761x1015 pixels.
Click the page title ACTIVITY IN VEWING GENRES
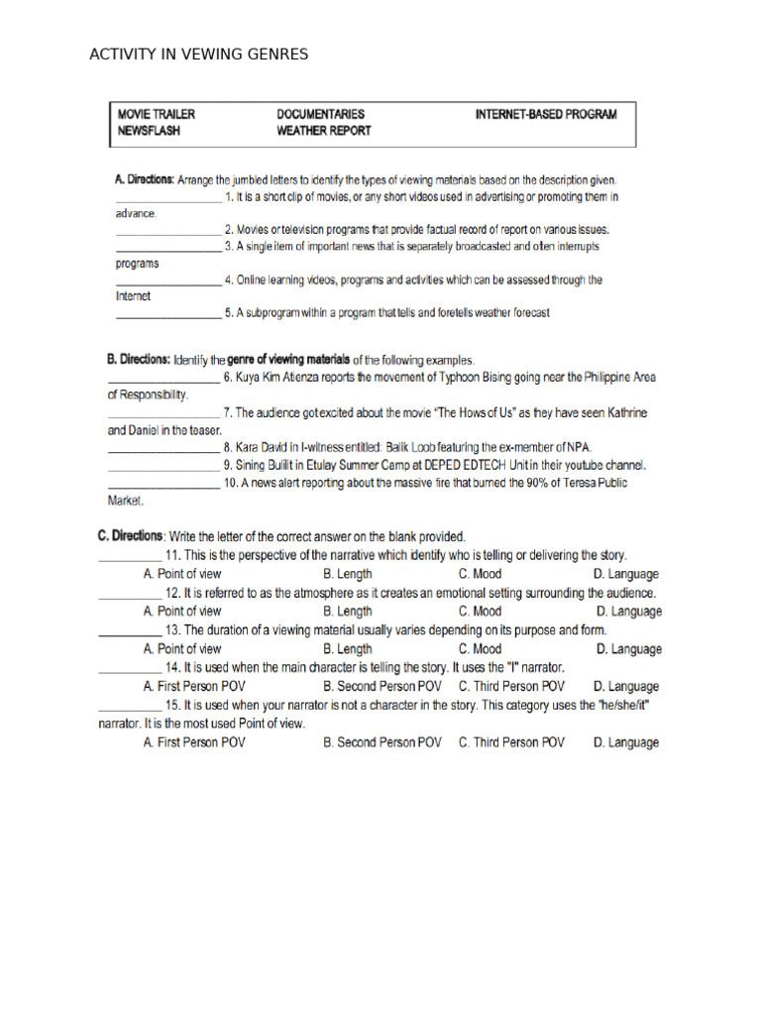point(198,55)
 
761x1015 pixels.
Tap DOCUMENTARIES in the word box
point(320,114)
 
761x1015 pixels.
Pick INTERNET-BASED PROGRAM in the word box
point(546,114)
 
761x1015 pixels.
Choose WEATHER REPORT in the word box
point(324,130)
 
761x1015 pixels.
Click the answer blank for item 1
point(167,201)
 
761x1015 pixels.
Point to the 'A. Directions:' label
point(145,180)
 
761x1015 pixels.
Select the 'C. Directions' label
point(130,536)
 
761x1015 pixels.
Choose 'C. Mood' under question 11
point(480,574)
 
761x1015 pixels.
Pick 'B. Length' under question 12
point(348,612)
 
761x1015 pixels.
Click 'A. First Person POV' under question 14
point(194,686)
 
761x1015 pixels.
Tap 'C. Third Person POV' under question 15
point(511,741)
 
